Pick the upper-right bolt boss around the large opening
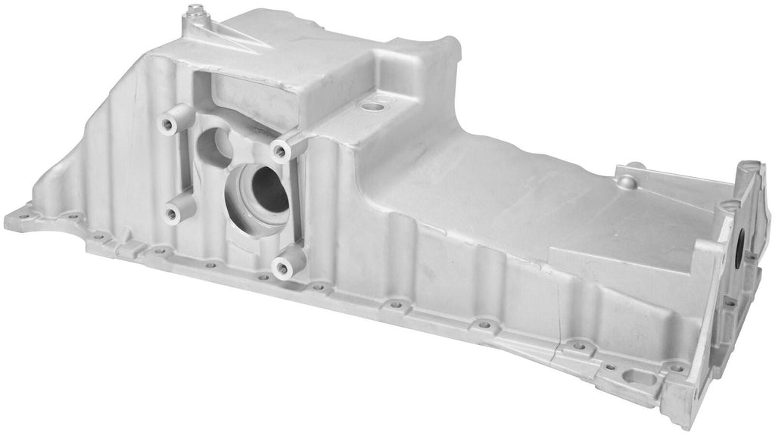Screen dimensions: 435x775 281,151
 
